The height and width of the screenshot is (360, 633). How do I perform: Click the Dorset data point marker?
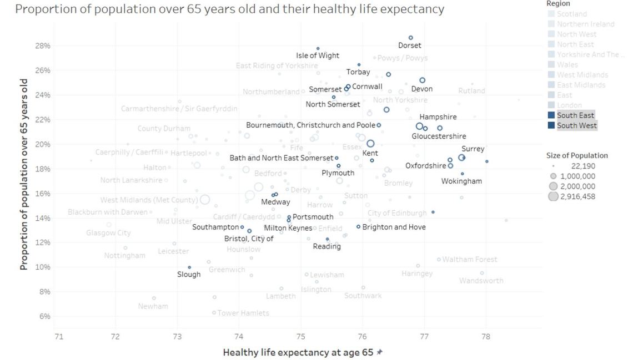tap(411, 38)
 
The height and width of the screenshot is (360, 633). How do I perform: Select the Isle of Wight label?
tap(318, 55)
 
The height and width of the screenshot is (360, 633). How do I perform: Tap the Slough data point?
tap(189, 267)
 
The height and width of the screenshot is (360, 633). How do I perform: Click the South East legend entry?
tap(575, 115)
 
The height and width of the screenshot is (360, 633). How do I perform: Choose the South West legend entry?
tap(576, 125)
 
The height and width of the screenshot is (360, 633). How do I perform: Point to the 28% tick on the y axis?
tap(43, 45)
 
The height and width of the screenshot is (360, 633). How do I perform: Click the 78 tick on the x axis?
tap(486, 337)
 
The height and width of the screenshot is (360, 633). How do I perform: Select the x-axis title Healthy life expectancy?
tap(299, 352)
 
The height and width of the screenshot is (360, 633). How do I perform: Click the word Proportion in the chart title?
tap(42, 9)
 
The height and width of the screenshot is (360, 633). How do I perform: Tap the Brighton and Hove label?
tap(394, 227)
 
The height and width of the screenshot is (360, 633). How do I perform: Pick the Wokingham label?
tap(461, 181)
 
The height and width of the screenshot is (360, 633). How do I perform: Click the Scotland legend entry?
tap(571, 14)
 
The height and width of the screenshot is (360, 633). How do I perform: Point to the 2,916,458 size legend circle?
tap(553, 196)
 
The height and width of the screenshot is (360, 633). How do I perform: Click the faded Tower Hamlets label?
tap(243, 313)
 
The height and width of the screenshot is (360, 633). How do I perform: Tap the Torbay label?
tap(358, 72)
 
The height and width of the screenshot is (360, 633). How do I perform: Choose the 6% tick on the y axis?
tap(44, 316)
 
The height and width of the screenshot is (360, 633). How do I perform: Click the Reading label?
tap(326, 246)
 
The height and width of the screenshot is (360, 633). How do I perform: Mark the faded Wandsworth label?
tap(481, 281)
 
